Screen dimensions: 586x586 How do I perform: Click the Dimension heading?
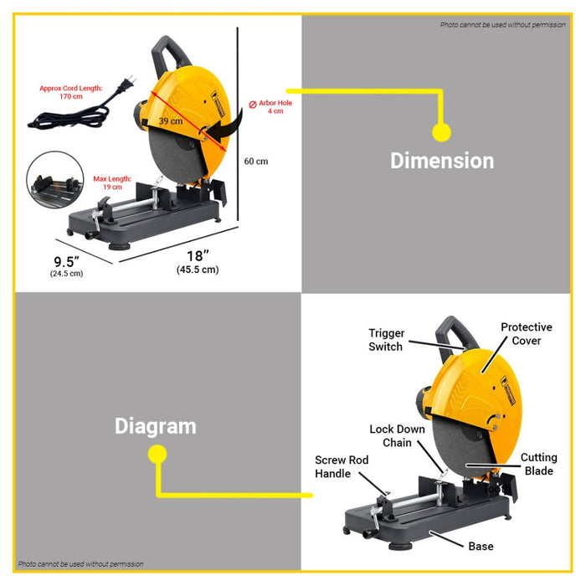pos(442,161)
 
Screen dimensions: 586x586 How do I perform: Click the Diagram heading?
pos(156,426)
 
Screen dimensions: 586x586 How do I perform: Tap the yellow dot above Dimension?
pos(441,132)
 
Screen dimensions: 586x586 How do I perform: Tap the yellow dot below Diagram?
pos(157,455)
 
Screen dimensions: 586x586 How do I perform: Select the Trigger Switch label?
pos(386,340)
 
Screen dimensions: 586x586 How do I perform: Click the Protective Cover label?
pos(526,334)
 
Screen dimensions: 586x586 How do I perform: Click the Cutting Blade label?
pos(537,464)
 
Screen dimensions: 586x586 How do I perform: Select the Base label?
pos(481,547)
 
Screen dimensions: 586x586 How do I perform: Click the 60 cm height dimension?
pos(256,162)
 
